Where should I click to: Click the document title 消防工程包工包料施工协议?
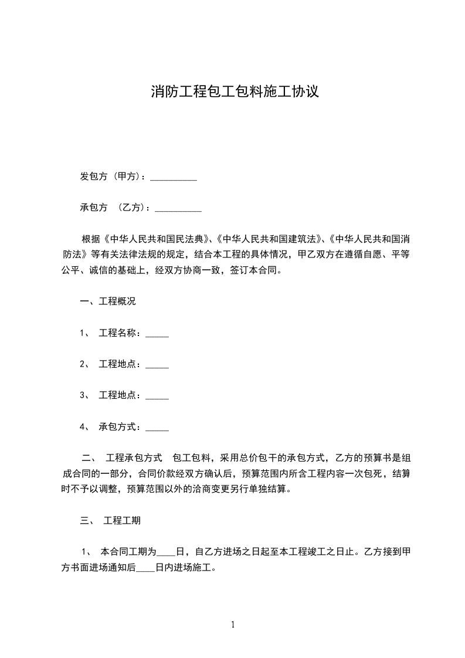tap(235, 92)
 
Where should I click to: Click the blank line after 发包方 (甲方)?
tap(174, 178)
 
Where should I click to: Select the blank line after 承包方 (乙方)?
tap(178, 209)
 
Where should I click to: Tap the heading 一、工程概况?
tap(108, 302)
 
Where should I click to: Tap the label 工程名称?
tap(120, 333)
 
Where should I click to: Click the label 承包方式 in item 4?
tap(120, 426)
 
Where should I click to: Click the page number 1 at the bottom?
tap(233, 625)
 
